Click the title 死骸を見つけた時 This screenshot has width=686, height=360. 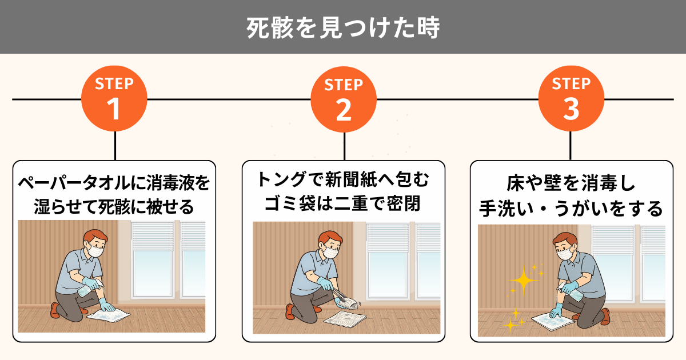[x=343, y=27]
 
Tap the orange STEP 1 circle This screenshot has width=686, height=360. [x=114, y=98]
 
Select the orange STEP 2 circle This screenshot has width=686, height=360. [x=344, y=99]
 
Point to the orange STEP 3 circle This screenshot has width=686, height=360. [x=571, y=98]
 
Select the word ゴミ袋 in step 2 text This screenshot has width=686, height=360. [x=290, y=203]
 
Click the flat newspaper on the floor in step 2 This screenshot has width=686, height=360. [x=345, y=319]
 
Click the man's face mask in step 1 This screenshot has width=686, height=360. [x=95, y=251]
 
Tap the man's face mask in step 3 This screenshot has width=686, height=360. [x=565, y=254]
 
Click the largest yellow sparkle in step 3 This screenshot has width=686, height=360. [x=524, y=281]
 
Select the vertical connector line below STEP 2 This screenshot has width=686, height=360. [x=344, y=146]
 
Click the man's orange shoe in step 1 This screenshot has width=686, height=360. [x=55, y=310]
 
